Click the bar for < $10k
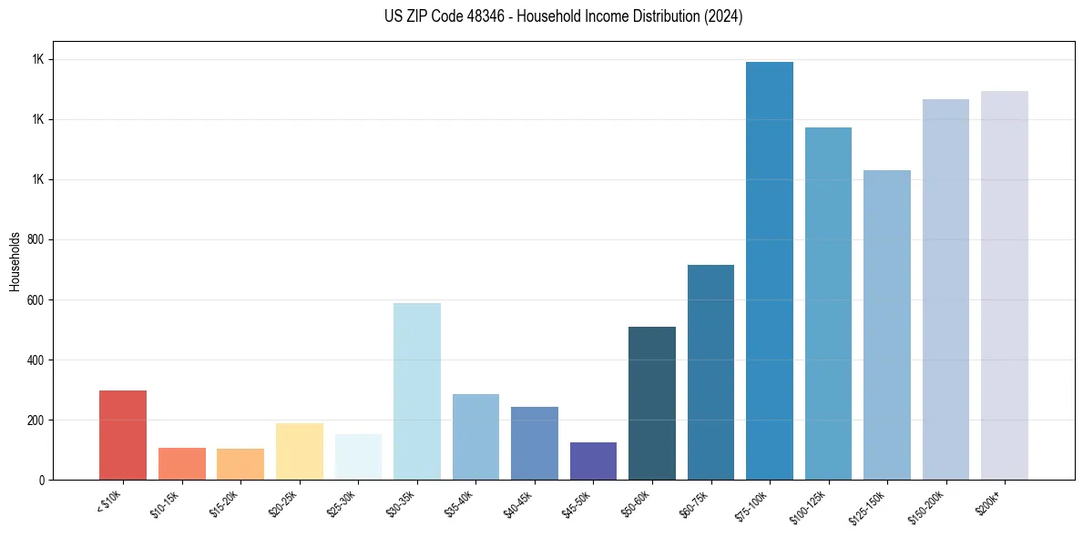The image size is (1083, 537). pyautogui.click(x=123, y=435)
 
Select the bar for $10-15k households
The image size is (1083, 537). pyautogui.click(x=182, y=463)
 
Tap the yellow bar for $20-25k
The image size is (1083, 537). pyautogui.click(x=300, y=451)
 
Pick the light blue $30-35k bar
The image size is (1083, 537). pyautogui.click(x=417, y=391)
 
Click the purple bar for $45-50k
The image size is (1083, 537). pyautogui.click(x=593, y=461)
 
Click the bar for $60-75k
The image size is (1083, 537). pyautogui.click(x=710, y=372)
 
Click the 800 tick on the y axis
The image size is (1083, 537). pyautogui.click(x=36, y=240)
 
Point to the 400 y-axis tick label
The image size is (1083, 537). pyautogui.click(x=36, y=360)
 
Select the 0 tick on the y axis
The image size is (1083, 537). pyautogui.click(x=42, y=481)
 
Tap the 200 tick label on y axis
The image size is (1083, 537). pyautogui.click(x=36, y=420)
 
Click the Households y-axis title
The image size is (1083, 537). pyautogui.click(x=15, y=261)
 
